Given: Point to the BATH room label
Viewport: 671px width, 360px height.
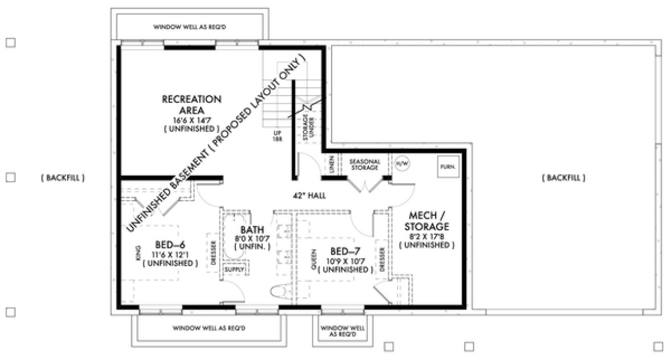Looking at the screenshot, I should [x=251, y=230].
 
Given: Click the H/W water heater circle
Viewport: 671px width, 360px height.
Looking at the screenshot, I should [x=402, y=163].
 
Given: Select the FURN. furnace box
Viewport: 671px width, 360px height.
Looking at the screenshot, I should [x=447, y=167].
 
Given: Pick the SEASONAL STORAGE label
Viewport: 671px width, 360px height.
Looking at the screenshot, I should [x=364, y=164].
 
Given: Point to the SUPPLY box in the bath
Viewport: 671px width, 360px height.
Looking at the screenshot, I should [x=234, y=269].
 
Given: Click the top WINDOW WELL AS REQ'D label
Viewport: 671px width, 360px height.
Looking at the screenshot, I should [x=189, y=26].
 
